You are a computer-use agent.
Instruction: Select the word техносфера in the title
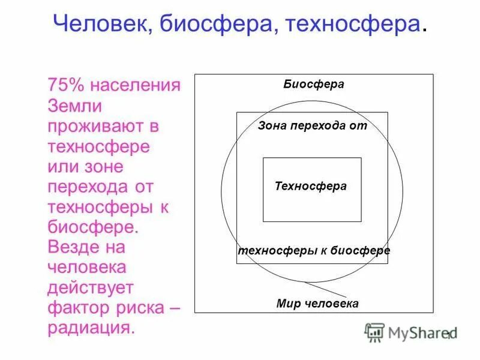coord(353,25)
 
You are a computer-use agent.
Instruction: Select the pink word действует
coord(90,288)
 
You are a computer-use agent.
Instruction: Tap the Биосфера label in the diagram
coord(314,84)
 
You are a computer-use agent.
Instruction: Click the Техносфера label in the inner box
coord(311,186)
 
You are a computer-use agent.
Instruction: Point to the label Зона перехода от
coord(312,127)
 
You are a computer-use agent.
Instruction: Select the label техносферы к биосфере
coord(314,250)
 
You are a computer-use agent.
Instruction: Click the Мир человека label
coord(317,303)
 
